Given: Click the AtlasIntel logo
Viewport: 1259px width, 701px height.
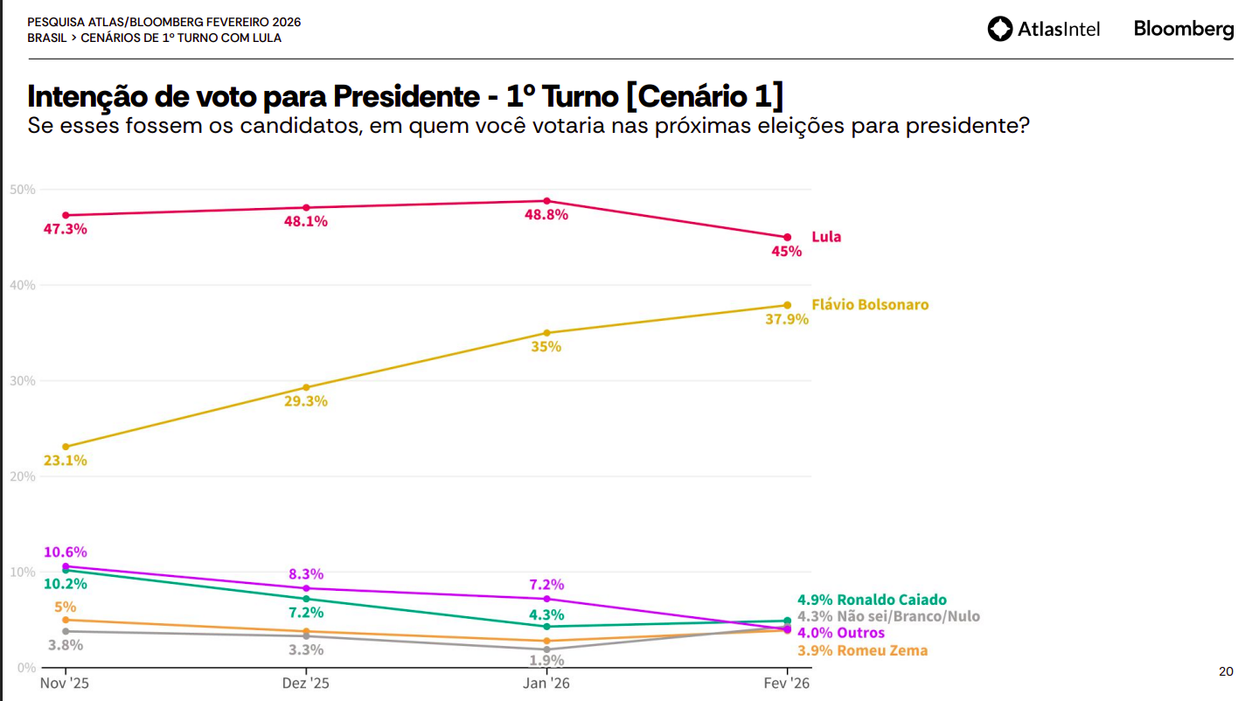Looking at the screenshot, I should (1043, 29).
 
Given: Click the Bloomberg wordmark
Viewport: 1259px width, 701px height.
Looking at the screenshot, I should (1184, 29).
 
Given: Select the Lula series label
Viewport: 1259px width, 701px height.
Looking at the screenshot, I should (826, 237).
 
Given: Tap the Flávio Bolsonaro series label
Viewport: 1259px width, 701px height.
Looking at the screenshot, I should (870, 305).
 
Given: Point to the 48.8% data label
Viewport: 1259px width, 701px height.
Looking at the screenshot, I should (547, 215).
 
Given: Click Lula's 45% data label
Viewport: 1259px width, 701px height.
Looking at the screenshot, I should (787, 252).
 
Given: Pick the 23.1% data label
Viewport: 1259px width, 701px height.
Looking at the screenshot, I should (66, 461).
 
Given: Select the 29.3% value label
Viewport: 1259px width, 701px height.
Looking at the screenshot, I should (306, 401).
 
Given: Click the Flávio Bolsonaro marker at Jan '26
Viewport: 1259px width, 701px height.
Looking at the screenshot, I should (547, 333).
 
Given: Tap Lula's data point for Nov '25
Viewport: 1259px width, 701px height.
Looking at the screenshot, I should (66, 215).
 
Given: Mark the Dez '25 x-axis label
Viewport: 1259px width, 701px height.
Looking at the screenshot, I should (306, 683).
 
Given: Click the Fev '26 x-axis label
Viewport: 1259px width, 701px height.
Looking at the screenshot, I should (787, 683).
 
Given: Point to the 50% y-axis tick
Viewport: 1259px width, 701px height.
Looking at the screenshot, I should (23, 190).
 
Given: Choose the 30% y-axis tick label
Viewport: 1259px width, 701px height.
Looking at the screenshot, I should (23, 381).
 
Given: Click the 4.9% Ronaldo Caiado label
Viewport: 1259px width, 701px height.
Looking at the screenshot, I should (872, 600).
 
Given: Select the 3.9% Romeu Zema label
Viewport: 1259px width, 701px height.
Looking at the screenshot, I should (862, 650).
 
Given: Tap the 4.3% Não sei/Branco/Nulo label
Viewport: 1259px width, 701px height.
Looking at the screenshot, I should (888, 616).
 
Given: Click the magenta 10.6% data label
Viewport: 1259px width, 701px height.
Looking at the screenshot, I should (66, 552).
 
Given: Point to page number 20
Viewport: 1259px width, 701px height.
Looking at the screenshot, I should (1226, 671).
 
